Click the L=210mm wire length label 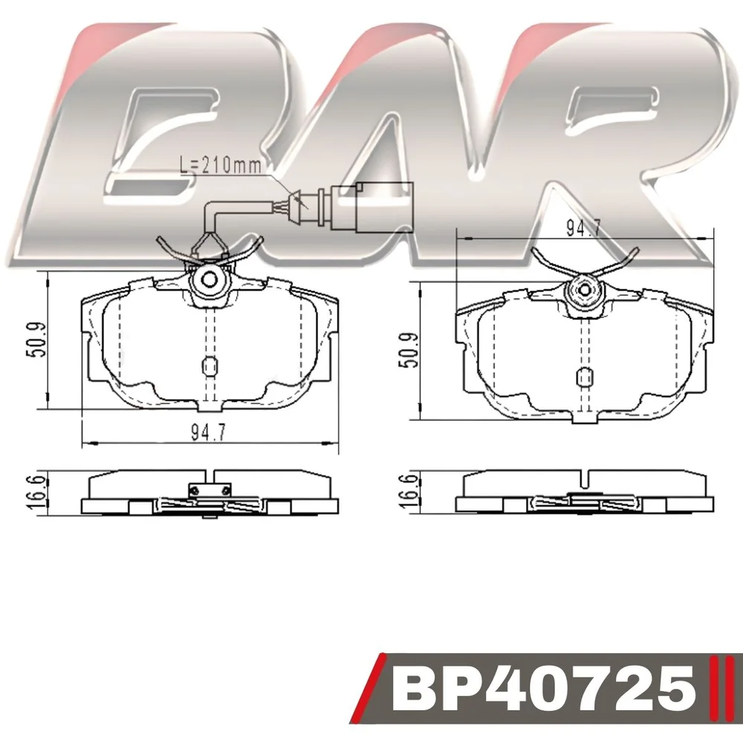pyautogui.click(x=221, y=165)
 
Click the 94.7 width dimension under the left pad pyautogui.click(x=209, y=432)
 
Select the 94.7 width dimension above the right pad pyautogui.click(x=584, y=228)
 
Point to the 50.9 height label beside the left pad pyautogui.click(x=37, y=340)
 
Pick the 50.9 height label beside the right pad pyautogui.click(x=409, y=350)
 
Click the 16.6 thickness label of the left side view pyautogui.click(x=37, y=493)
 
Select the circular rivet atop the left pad pyautogui.click(x=209, y=280)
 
